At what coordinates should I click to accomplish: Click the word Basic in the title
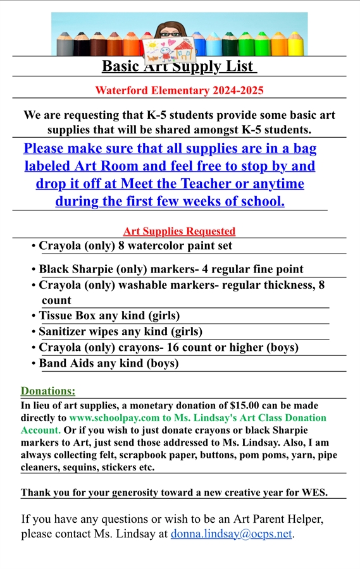pyautogui.click(x=123, y=66)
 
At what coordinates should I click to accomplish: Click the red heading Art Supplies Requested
pyautogui.click(x=179, y=231)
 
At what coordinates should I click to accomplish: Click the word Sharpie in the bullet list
pyautogui.click(x=96, y=269)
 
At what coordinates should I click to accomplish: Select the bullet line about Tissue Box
pyautogui.click(x=109, y=315)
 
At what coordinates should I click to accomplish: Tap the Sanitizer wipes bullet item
pyautogui.click(x=120, y=331)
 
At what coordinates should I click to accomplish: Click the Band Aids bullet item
pyautogui.click(x=108, y=364)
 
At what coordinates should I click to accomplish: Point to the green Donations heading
pyautogui.click(x=48, y=391)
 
